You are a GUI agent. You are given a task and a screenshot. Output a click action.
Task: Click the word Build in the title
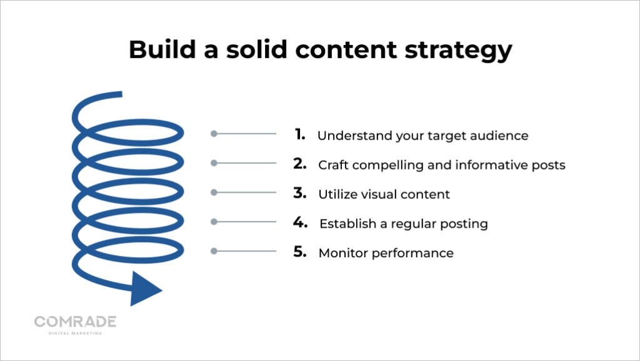pyautogui.click(x=162, y=49)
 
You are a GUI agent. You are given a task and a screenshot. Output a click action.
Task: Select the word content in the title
pyautogui.click(x=346, y=50)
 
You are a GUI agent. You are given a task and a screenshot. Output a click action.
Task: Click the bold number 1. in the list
pyautogui.click(x=299, y=134)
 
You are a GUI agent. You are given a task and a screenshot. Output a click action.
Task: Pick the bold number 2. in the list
pyautogui.click(x=299, y=163)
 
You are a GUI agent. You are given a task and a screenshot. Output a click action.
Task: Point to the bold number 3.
pyautogui.click(x=299, y=193)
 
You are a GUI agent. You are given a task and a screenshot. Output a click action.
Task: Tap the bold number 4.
pyautogui.click(x=300, y=222)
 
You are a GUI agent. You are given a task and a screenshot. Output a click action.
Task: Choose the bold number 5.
pyautogui.click(x=299, y=252)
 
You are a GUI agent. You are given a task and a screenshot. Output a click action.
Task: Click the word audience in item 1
pyautogui.click(x=499, y=136)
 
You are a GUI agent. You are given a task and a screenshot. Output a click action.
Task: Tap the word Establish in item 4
pyautogui.click(x=347, y=224)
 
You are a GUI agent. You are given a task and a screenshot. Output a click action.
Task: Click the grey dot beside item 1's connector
pyautogui.click(x=214, y=133)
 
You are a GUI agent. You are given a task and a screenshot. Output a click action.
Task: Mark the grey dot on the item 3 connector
pyautogui.click(x=214, y=192)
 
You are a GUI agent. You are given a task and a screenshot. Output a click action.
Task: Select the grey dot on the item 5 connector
pyautogui.click(x=214, y=251)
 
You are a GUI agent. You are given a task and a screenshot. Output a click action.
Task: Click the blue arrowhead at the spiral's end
pyautogui.click(x=143, y=288)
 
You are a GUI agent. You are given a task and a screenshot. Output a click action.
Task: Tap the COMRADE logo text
pyautogui.click(x=76, y=322)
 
